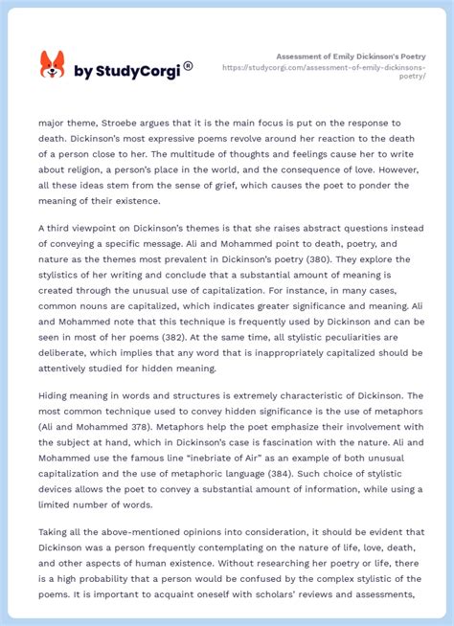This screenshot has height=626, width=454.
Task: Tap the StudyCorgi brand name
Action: (133, 70)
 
